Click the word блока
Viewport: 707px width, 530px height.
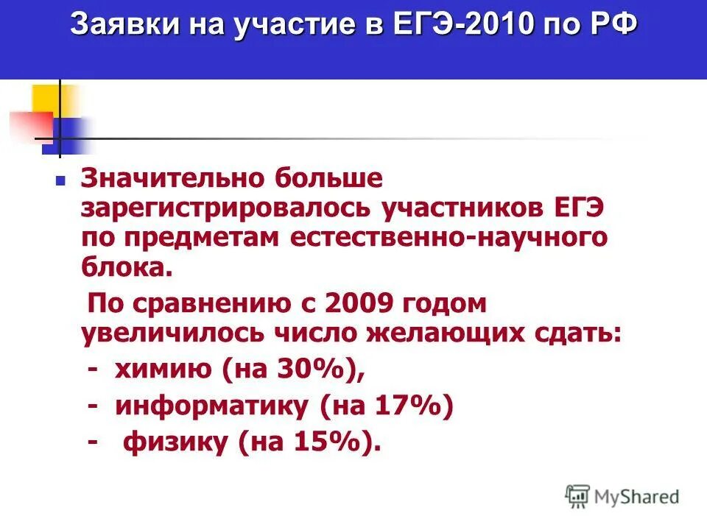127,266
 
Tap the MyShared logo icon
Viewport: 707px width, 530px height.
577,495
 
